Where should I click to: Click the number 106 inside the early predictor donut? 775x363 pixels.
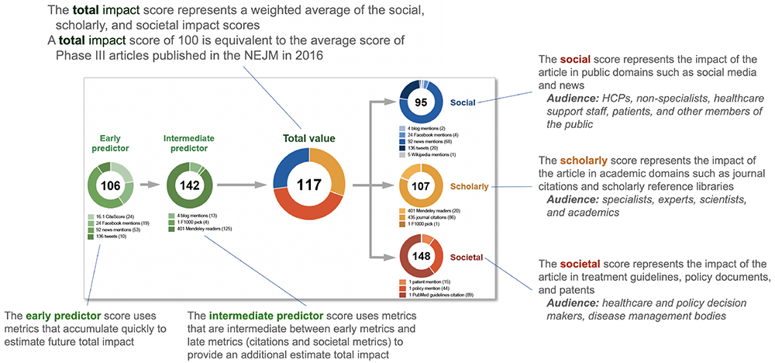[111, 186]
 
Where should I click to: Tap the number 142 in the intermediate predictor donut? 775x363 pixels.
[189, 186]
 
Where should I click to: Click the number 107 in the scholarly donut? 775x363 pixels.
[421, 186]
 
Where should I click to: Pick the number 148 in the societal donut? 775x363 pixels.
[421, 258]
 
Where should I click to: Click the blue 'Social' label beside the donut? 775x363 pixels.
[463, 101]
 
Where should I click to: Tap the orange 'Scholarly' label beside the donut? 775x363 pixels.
[468, 186]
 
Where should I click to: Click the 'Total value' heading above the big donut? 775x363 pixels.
[308, 138]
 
